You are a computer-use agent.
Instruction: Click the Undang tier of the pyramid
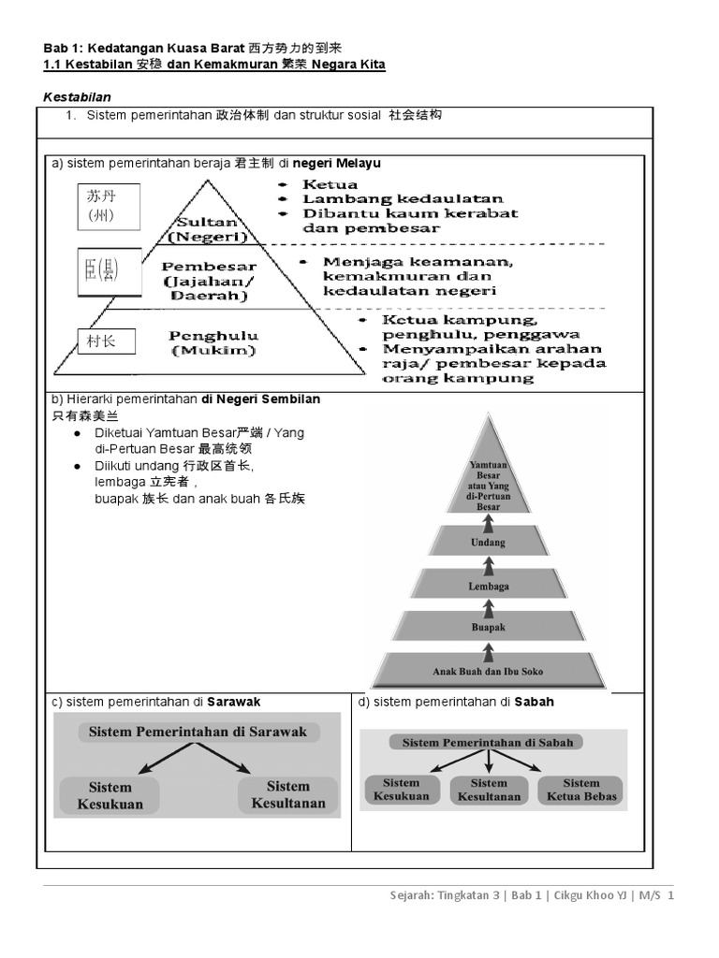[488, 542]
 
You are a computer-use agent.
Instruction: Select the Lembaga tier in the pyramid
[488, 586]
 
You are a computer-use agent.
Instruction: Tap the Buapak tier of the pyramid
[488, 628]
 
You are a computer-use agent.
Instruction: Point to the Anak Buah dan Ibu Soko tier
[488, 671]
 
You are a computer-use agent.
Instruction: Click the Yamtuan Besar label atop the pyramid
[488, 485]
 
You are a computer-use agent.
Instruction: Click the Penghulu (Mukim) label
[213, 342]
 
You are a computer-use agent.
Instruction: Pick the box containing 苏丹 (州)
[109, 207]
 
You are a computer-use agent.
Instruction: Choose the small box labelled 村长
[108, 341]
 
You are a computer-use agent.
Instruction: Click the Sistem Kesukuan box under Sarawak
[110, 794]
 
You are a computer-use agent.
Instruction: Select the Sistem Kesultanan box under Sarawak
[288, 794]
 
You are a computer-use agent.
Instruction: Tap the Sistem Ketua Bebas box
[581, 790]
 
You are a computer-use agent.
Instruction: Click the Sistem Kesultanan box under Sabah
[489, 790]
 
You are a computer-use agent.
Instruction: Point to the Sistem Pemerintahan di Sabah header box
[487, 742]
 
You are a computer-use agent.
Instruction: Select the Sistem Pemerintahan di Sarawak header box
[198, 732]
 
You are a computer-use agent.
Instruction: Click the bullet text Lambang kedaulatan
[403, 198]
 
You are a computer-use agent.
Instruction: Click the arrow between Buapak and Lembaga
[488, 607]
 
